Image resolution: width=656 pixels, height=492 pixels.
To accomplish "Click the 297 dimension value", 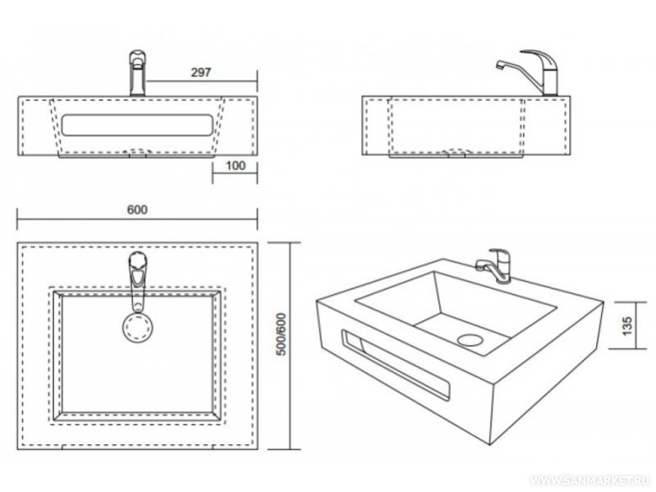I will click(x=202, y=72).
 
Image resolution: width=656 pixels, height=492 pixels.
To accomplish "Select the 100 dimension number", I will click(x=235, y=166).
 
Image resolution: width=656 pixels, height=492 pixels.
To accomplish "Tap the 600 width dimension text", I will click(x=137, y=209).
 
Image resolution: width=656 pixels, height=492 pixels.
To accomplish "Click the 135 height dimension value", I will click(x=627, y=323).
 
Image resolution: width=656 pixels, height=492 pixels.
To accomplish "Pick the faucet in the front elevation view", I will click(x=137, y=72).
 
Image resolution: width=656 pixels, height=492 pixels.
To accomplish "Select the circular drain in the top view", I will click(x=137, y=325).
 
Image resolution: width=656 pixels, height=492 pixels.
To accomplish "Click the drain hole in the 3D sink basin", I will click(x=470, y=338).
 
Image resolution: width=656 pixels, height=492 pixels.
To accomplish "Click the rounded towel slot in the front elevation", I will click(x=136, y=125).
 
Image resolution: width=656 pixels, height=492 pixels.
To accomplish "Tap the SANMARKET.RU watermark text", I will click(x=593, y=478).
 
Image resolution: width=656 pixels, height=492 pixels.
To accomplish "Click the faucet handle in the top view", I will click(x=138, y=271).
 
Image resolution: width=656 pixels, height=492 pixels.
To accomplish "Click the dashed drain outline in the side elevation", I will click(x=456, y=151).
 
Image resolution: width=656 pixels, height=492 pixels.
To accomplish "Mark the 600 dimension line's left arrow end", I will click(x=19, y=219).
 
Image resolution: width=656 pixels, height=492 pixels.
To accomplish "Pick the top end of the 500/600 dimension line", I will click(x=291, y=244).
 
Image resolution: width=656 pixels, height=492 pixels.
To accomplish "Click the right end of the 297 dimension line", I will click(x=258, y=81).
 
